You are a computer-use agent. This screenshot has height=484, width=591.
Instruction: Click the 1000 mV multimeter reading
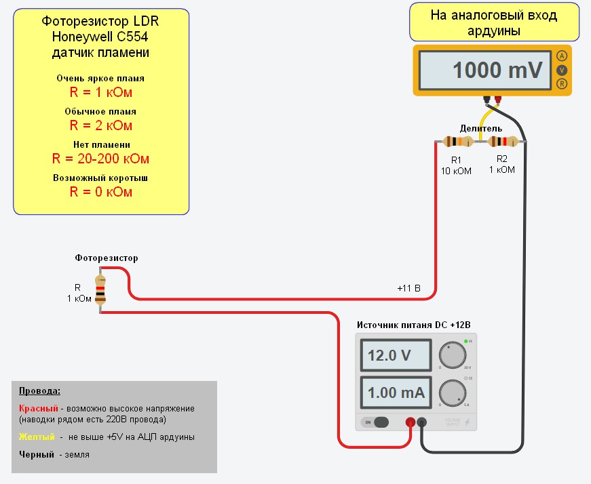[x=497, y=70]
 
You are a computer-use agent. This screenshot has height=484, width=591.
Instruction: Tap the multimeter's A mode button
[x=561, y=56]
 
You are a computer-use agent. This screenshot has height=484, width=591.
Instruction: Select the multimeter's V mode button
[x=561, y=70]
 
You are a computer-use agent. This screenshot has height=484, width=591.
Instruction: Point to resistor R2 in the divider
[x=502, y=142]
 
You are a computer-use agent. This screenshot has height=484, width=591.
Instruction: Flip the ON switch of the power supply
[x=377, y=422]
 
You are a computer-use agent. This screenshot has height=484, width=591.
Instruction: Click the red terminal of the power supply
[x=410, y=422]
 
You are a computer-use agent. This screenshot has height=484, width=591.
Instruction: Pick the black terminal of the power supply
[x=421, y=422]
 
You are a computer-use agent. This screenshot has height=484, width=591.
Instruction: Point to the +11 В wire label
[x=408, y=289]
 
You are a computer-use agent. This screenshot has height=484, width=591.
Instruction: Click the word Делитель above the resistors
[x=480, y=128]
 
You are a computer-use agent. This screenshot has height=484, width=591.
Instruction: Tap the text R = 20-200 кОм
[x=100, y=159]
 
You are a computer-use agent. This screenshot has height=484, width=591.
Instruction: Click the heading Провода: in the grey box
[x=39, y=391]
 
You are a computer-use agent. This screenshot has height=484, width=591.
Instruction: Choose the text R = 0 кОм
[x=100, y=192]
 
